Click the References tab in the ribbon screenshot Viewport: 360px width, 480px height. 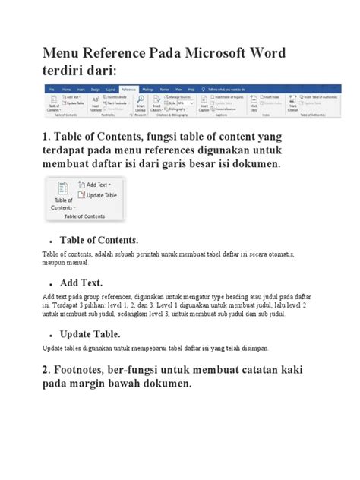128,89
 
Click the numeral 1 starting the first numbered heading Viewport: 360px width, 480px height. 46,135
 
